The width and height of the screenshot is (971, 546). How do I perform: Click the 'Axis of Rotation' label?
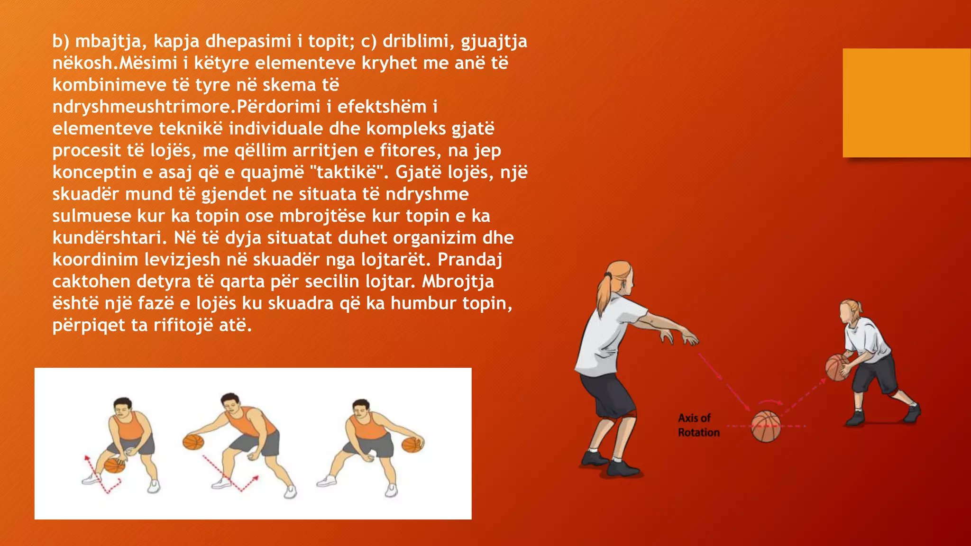click(x=698, y=425)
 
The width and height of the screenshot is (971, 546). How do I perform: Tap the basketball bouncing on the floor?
click(x=765, y=426)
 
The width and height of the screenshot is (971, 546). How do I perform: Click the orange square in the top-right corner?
click(x=906, y=102)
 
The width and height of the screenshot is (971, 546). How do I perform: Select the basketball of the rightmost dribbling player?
click(x=412, y=445)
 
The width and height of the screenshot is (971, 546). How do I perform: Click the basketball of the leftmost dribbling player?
click(x=114, y=465)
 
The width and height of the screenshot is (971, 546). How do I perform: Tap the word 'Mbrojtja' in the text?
click(x=458, y=281)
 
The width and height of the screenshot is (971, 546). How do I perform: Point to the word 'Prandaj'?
click(x=469, y=259)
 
